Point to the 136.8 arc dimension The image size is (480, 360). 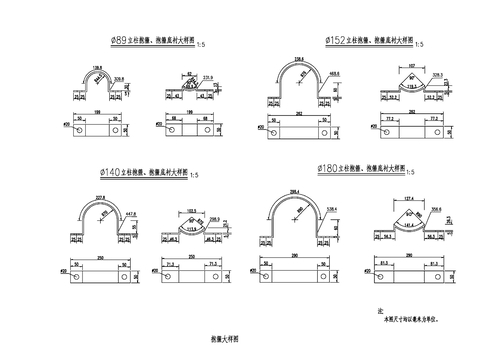(97, 65)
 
